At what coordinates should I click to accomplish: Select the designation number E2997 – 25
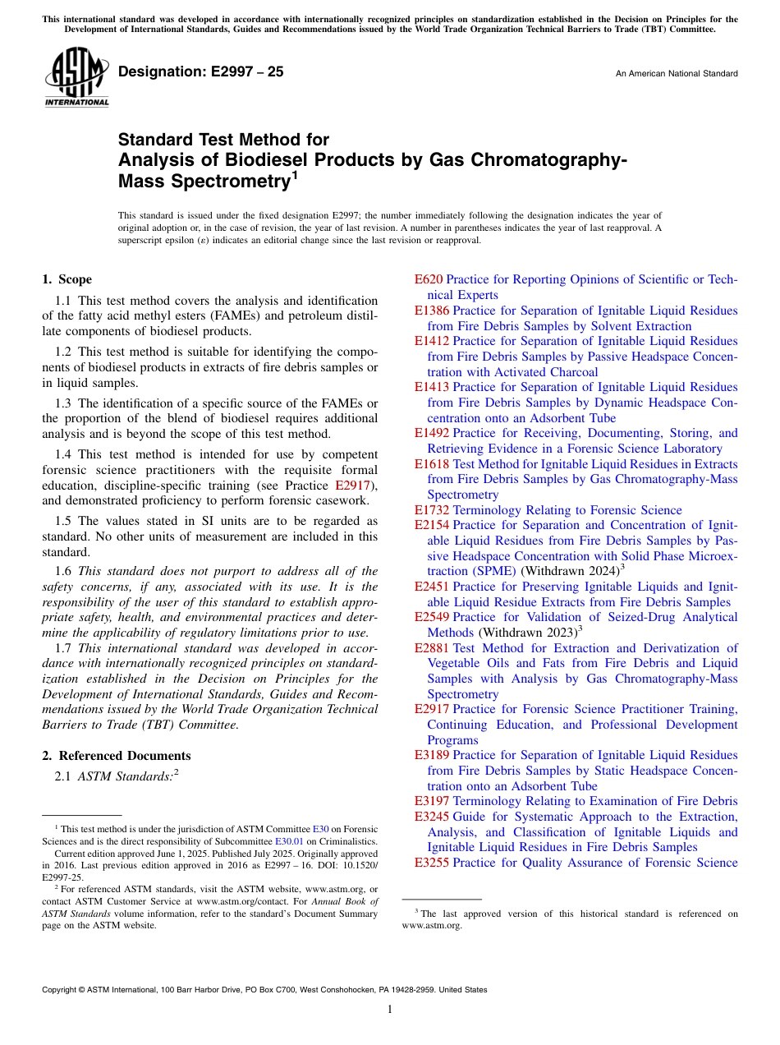201,71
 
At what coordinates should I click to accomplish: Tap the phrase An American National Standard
677,74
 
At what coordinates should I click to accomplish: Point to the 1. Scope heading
67,279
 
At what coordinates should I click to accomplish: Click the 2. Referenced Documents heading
117,756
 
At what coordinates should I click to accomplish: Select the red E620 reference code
429,279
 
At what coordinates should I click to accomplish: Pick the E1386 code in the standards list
432,311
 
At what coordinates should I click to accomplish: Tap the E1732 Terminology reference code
432,510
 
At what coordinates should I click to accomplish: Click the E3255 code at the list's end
432,863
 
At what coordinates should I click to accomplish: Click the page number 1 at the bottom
390,1010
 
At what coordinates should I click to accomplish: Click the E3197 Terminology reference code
432,801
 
